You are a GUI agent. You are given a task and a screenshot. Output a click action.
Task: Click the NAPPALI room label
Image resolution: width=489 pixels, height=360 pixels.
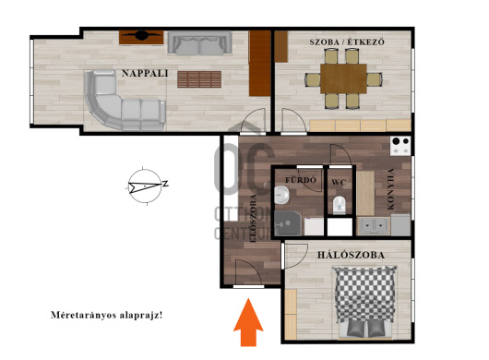(145, 73)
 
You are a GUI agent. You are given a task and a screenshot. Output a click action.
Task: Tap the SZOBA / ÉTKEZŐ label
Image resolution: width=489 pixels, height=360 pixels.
(347, 42)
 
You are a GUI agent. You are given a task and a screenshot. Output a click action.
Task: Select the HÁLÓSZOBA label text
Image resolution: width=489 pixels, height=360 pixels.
(351, 255)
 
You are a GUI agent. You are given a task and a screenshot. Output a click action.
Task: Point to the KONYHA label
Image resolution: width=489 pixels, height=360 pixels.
(390, 189)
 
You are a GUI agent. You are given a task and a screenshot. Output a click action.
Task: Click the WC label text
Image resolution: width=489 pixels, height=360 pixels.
(339, 182)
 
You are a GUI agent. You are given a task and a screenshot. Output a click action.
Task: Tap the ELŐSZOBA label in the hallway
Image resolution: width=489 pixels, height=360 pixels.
(253, 219)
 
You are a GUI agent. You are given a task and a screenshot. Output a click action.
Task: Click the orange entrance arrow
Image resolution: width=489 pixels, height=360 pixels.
(248, 322)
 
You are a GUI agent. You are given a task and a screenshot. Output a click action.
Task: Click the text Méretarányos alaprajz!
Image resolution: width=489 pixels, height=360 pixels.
(107, 315)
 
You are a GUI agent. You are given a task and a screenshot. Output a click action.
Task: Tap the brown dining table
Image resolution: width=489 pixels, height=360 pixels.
(343, 78)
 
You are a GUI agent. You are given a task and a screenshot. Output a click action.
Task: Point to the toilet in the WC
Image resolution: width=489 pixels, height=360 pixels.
(339, 205)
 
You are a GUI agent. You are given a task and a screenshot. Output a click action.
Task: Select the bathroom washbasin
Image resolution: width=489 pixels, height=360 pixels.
(282, 195)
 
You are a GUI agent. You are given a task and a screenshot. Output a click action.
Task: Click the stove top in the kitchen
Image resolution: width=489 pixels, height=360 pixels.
(400, 146)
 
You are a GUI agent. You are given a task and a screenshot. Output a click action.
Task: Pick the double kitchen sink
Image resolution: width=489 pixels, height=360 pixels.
(374, 226)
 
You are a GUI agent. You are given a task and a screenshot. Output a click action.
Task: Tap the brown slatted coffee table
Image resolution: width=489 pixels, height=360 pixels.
(199, 79)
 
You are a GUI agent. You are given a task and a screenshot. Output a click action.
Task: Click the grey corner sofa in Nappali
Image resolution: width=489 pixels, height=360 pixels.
(125, 100)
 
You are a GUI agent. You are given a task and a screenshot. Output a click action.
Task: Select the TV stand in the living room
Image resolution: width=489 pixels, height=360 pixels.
(141, 37)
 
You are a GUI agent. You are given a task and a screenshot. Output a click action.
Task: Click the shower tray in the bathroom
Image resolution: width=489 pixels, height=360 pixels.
(288, 223)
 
